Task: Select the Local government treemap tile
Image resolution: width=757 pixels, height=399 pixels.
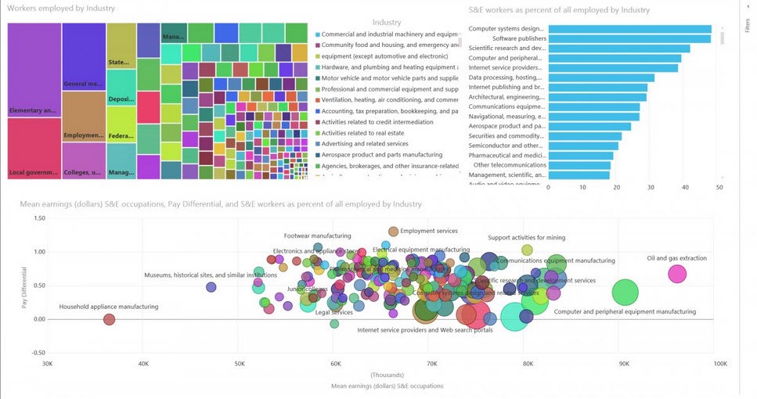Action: [x=34, y=149]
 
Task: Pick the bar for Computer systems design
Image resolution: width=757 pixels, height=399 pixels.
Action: [x=629, y=29]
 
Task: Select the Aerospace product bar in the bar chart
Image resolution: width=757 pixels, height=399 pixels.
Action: [x=589, y=126]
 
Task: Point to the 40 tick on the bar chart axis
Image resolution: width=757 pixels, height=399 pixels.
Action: [x=686, y=188]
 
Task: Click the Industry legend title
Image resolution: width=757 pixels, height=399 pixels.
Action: [x=387, y=23]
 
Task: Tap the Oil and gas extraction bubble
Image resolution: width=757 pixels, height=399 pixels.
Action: [x=677, y=274]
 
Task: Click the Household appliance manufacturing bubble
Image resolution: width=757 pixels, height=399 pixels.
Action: [x=110, y=319]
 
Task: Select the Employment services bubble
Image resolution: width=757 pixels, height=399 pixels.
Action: [x=394, y=232]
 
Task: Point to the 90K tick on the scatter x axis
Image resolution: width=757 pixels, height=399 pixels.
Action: [x=624, y=364]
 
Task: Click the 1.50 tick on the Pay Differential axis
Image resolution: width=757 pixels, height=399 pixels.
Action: [x=34, y=217]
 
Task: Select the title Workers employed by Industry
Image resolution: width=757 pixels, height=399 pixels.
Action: [x=61, y=9]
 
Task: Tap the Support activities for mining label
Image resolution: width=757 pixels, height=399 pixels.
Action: [x=526, y=238]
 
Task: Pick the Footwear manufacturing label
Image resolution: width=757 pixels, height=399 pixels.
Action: [x=317, y=235]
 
